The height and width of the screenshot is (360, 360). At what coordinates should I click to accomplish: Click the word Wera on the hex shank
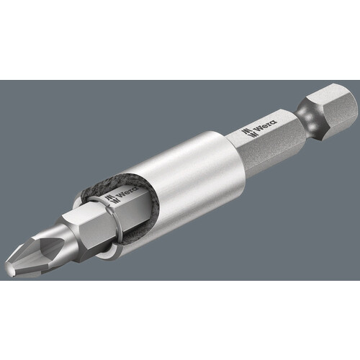click(x=266, y=125)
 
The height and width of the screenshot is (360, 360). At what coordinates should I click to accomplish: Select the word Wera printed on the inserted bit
click(x=127, y=192)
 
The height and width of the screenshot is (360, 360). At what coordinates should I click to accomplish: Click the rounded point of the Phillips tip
click(x=9, y=269)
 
